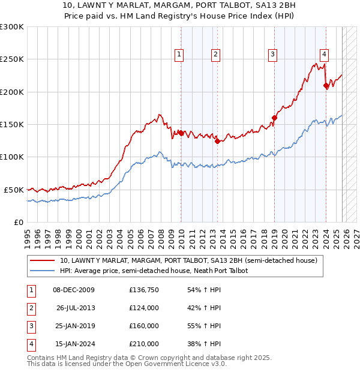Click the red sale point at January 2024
click(x=326, y=86)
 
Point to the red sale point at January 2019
click(x=274, y=118)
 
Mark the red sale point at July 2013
click(x=217, y=141)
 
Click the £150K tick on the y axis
click(x=12, y=124)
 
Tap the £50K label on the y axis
click(x=14, y=190)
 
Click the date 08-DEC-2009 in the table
click(x=74, y=290)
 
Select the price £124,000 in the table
click(x=144, y=308)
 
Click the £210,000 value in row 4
click(x=144, y=344)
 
